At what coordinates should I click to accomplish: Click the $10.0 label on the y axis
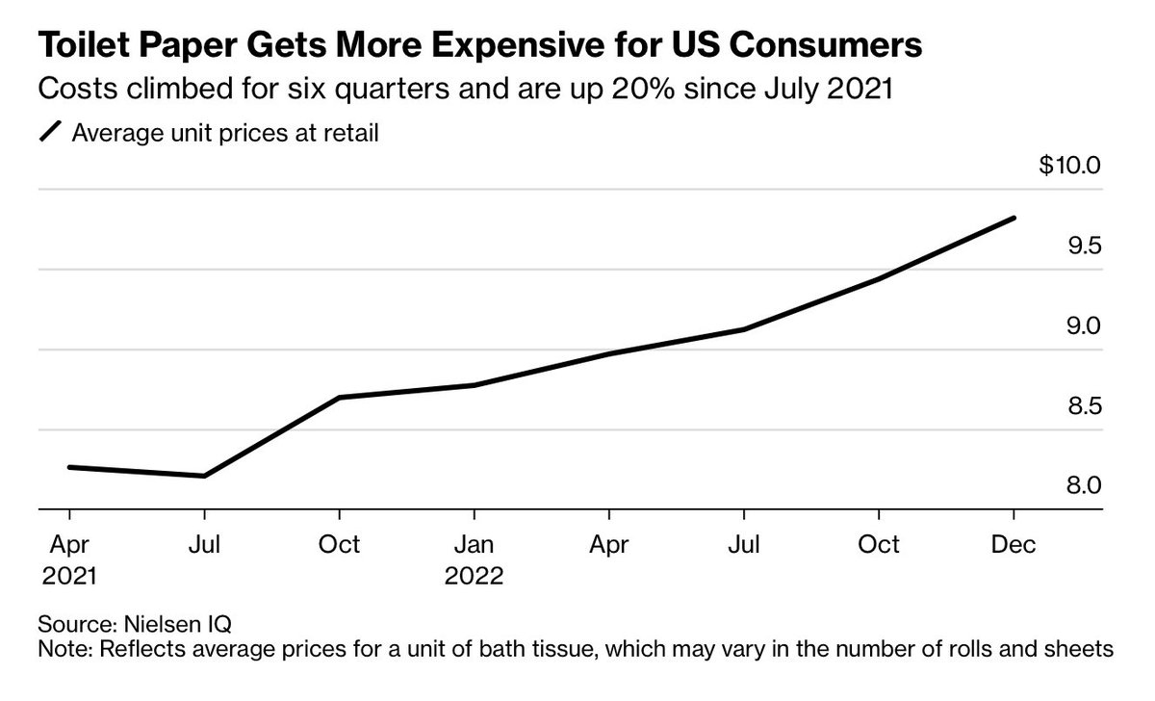(x=1068, y=166)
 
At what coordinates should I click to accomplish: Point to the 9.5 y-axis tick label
(x=1081, y=247)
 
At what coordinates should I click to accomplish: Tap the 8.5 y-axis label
(x=1081, y=407)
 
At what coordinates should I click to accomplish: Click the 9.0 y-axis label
(x=1081, y=327)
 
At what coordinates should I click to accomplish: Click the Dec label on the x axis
(x=1014, y=545)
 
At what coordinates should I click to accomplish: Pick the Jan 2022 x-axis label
(x=474, y=560)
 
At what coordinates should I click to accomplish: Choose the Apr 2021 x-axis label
(x=70, y=560)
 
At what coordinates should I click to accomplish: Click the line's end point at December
(x=1014, y=219)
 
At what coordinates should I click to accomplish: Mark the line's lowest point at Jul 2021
(x=204, y=476)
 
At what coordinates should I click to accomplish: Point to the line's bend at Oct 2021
(x=339, y=398)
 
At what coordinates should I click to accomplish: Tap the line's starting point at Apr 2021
(x=69, y=467)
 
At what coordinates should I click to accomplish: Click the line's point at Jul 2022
(x=743, y=329)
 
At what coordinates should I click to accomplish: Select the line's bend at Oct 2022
(x=878, y=279)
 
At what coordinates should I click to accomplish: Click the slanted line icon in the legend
(x=49, y=133)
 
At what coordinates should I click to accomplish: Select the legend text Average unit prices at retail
(x=225, y=133)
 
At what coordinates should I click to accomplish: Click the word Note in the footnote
(x=61, y=651)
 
